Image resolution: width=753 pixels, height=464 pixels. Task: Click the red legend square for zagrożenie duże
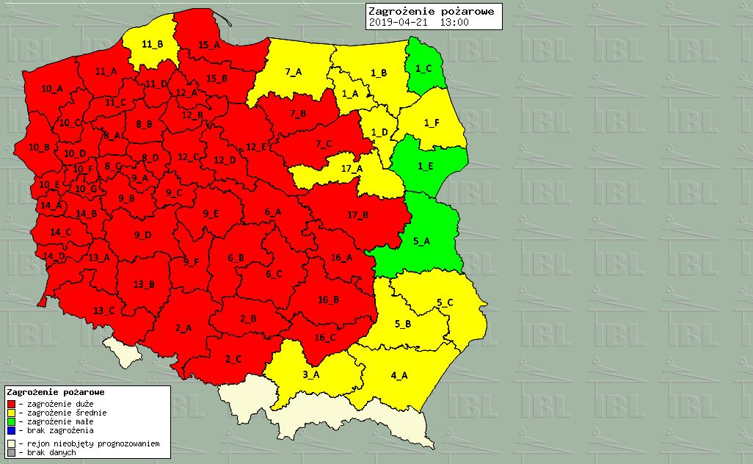pos(12,404)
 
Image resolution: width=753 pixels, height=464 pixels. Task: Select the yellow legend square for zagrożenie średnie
pos(12,413)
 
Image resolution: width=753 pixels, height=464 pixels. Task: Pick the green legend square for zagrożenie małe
pos(12,422)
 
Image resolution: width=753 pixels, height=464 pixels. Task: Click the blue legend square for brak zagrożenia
pos(12,431)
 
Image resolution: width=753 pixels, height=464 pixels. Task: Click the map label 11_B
pos(152,44)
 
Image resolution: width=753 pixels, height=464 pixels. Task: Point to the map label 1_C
pos(423,68)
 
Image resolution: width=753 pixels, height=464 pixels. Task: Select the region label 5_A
pos(421,241)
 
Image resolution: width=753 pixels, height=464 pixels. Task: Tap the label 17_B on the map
pos(357,214)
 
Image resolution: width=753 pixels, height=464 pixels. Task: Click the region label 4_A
pos(399,376)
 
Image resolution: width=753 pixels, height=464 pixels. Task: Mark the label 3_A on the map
pos(311,375)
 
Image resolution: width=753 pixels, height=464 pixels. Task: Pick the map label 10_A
pos(51,89)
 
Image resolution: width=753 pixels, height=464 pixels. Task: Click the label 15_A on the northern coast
pos(208,45)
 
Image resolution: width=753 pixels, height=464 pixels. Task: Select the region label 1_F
pos(432,123)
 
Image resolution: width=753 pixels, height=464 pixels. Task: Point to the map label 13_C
pos(103,311)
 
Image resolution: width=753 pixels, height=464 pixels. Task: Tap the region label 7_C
pos(324,144)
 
